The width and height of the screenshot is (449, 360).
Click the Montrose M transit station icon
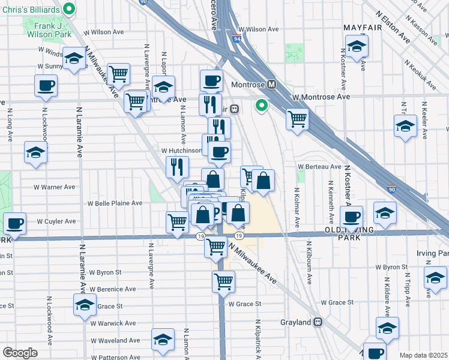271,85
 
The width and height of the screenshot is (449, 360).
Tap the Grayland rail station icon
318,322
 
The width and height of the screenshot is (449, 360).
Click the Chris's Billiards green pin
69,9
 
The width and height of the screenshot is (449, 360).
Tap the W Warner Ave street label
55,187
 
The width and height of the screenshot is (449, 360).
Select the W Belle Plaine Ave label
115,203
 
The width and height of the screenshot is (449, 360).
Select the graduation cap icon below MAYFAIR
357,45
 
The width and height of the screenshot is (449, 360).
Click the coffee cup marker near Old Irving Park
351,216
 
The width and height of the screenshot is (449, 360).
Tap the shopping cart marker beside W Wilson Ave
119,74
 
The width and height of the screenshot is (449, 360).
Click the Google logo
19,353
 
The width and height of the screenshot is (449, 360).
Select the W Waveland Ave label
114,341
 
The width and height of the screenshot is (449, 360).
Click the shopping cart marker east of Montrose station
297,119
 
